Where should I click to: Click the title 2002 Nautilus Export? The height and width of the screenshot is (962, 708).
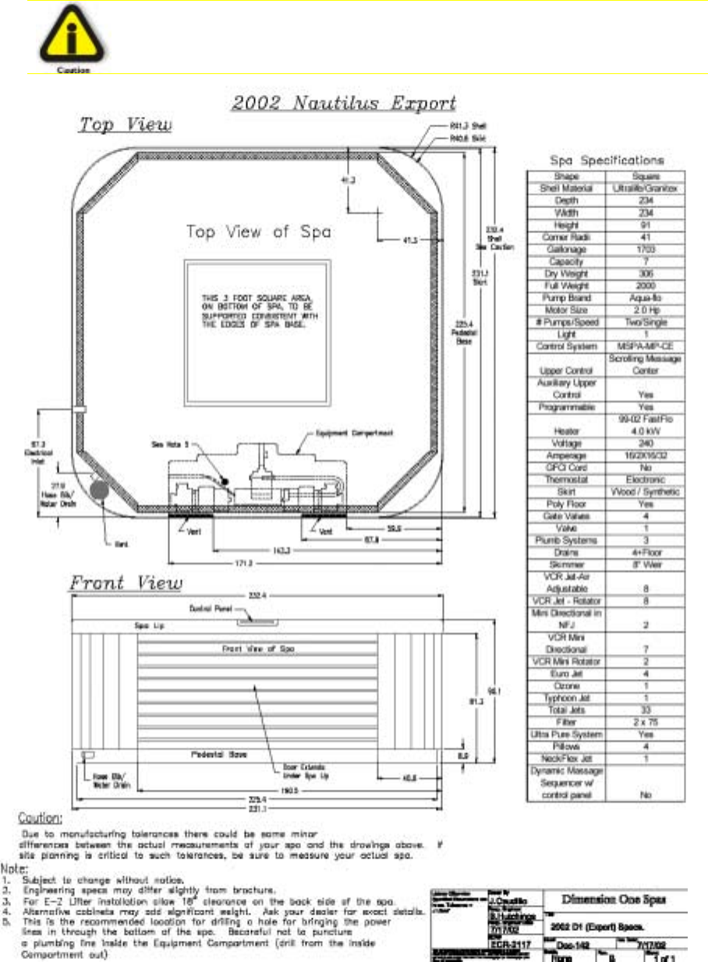(x=344, y=103)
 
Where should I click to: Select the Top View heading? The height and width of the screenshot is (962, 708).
(x=125, y=126)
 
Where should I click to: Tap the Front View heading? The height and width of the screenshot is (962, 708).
(x=126, y=582)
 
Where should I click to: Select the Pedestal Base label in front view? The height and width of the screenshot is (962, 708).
(x=212, y=755)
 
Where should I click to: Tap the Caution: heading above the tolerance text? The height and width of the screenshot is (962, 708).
(x=40, y=819)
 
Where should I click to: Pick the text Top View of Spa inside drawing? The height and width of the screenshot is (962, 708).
(x=258, y=232)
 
